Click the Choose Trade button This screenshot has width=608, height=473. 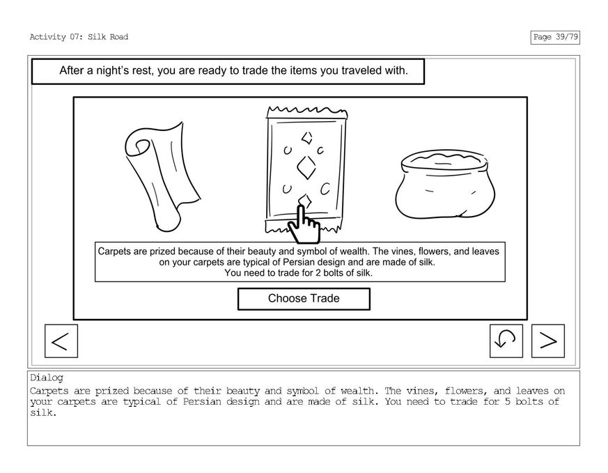click(x=304, y=299)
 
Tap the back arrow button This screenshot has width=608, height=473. click(x=61, y=341)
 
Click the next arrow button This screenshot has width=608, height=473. click(x=548, y=341)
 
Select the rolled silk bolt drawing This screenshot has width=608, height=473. click(x=162, y=176)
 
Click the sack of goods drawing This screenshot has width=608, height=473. click(x=445, y=184)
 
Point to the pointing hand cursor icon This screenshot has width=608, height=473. click(x=304, y=224)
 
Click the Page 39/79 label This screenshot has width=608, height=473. click(x=555, y=37)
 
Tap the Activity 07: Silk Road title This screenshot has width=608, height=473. click(x=79, y=37)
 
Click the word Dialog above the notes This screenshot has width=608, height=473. click(x=47, y=378)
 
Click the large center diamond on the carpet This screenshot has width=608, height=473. click(x=306, y=167)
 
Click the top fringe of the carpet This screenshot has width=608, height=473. click(x=306, y=111)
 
